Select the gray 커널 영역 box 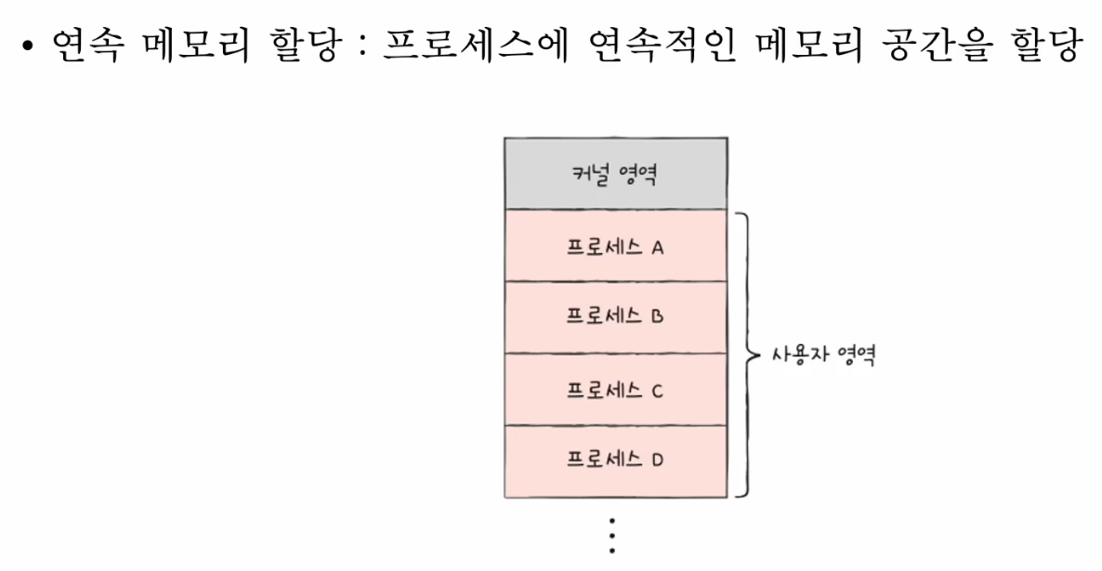coord(615,174)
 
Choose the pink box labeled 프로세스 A coord(615,246)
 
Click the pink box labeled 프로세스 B coord(615,317)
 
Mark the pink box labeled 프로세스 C coord(615,389)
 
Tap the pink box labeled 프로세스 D coord(615,461)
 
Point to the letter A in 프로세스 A coord(657,248)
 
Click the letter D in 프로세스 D coord(657,460)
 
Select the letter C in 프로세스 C coord(657,391)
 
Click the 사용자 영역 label coord(823,355)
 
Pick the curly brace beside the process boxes coord(745,354)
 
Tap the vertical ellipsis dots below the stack coord(611,537)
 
